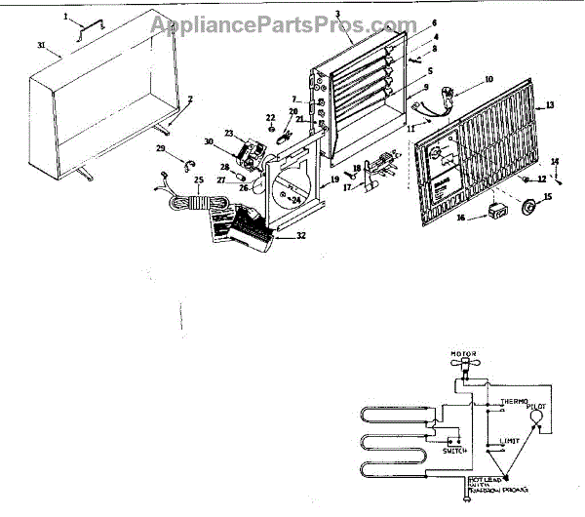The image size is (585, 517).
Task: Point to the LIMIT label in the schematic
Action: [x=512, y=442]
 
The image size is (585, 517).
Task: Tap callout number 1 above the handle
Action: [x=66, y=17]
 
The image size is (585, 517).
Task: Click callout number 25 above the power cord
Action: [x=199, y=179]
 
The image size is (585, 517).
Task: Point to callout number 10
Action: [x=488, y=78]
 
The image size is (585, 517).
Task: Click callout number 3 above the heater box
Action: [x=336, y=15]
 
